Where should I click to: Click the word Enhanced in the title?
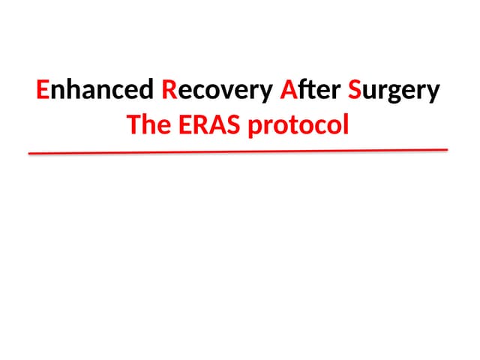(94, 91)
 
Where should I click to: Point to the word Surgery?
(394, 91)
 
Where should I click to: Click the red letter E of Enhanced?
(42, 91)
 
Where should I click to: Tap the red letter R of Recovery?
(169, 91)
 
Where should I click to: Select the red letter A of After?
(287, 91)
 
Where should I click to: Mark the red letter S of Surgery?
(355, 91)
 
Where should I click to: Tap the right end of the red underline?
(446, 149)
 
